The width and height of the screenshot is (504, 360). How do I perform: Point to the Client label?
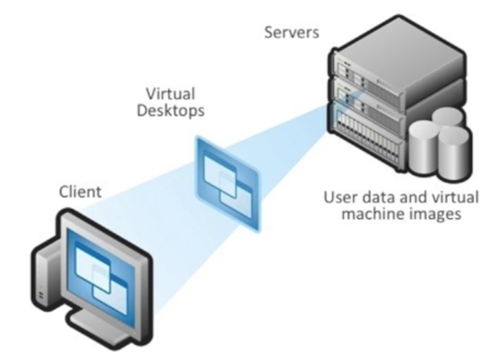[x=80, y=192]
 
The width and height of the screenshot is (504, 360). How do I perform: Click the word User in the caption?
[x=339, y=197]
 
